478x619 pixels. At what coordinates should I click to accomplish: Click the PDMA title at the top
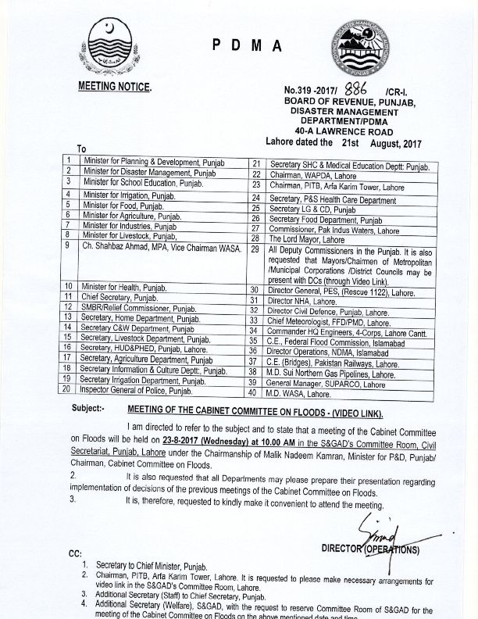pyautogui.click(x=247, y=47)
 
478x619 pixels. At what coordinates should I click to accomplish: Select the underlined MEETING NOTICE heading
pyautogui.click(x=115, y=86)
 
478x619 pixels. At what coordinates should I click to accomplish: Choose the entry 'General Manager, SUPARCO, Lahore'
pyautogui.click(x=327, y=385)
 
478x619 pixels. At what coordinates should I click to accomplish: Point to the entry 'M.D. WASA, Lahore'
pyautogui.click(x=298, y=395)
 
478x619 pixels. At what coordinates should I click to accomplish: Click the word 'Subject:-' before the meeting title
pyautogui.click(x=87, y=409)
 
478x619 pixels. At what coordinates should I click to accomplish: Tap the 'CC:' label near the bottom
pyautogui.click(x=77, y=553)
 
